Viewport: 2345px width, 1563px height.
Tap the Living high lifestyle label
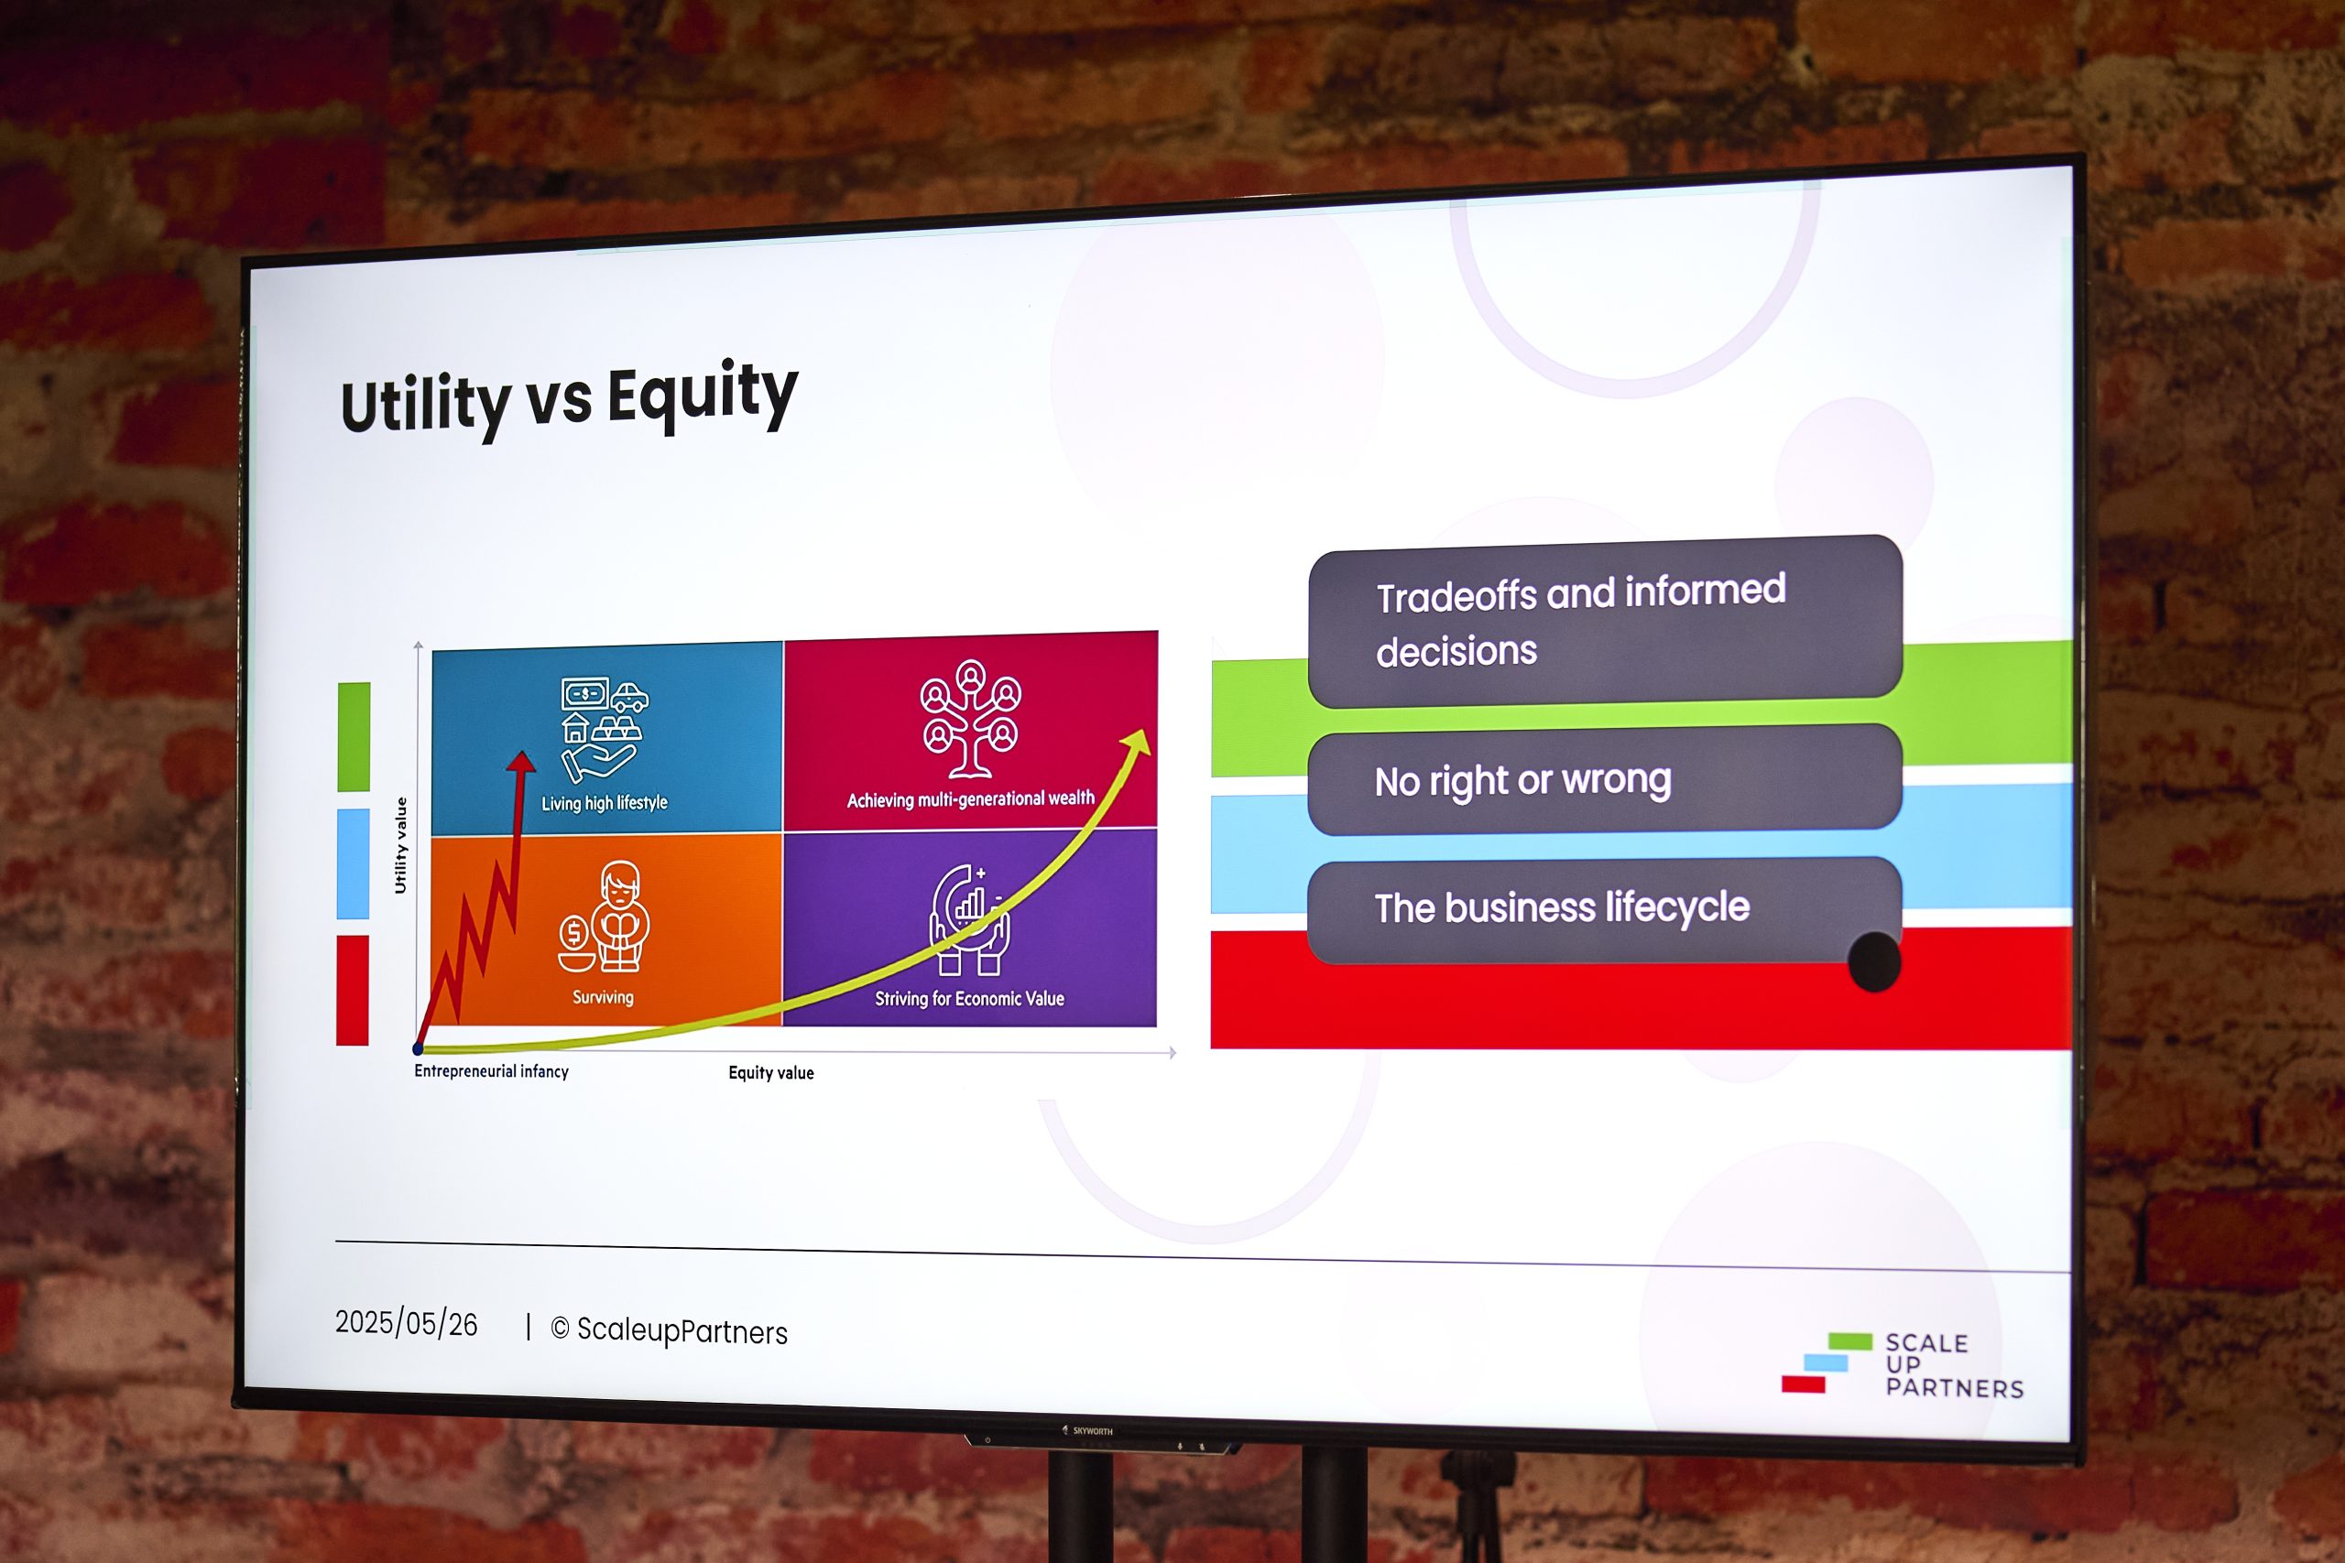[x=605, y=802]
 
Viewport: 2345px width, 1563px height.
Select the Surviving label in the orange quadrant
[x=602, y=997]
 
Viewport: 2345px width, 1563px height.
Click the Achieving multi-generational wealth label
[x=970, y=798]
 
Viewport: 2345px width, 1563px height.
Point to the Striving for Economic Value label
[x=969, y=998]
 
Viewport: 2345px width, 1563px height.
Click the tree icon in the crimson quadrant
[x=970, y=718]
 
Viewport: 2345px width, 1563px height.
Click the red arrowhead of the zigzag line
[x=520, y=762]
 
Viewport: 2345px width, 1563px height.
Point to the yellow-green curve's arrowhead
[x=1138, y=742]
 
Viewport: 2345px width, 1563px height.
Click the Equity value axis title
[x=770, y=1072]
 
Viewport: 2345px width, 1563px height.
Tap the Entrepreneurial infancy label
[x=492, y=1070]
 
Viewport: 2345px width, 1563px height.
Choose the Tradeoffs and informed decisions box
[x=1605, y=621]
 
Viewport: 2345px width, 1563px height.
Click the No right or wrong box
[x=1604, y=779]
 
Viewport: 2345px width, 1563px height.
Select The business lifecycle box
[x=1603, y=909]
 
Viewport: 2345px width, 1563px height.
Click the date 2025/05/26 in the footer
[x=406, y=1323]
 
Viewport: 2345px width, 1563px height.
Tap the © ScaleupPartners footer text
[x=669, y=1330]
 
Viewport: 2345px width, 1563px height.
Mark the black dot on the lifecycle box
[x=1873, y=962]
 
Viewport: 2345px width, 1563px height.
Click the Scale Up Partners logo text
[x=1954, y=1364]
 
